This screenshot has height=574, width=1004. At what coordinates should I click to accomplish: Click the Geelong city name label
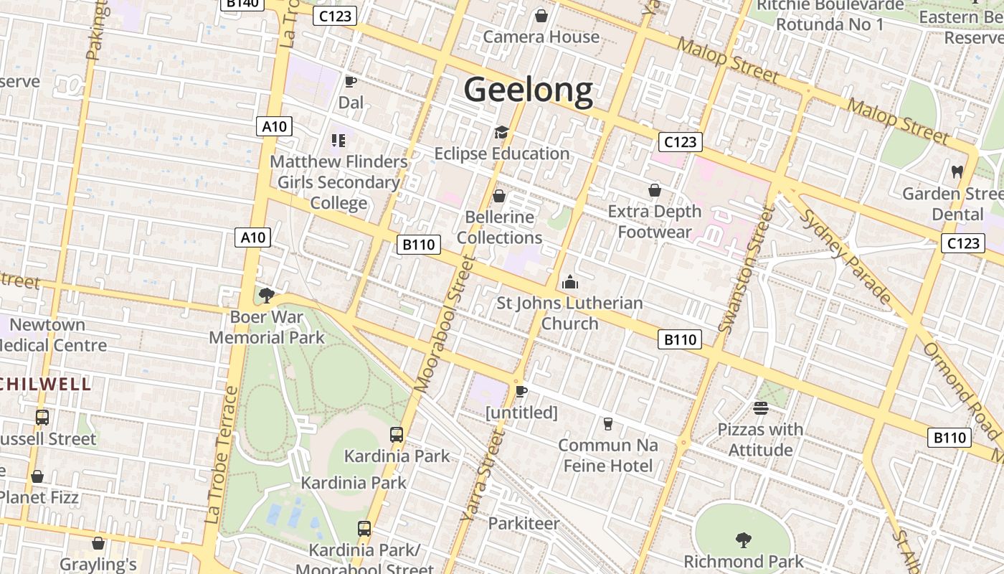(529, 90)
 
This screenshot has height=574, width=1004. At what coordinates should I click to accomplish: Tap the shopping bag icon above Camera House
(541, 15)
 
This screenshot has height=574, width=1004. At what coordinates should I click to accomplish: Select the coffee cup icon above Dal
(351, 82)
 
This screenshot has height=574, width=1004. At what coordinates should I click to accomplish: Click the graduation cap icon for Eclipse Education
(501, 133)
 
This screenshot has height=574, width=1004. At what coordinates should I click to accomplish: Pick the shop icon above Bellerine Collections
(499, 196)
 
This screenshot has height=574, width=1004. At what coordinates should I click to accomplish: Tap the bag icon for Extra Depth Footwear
(654, 190)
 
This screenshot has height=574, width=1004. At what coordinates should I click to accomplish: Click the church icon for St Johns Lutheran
(570, 282)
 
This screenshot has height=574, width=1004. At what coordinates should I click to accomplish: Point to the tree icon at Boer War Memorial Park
(266, 295)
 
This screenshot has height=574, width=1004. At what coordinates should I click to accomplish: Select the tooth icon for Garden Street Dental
(957, 172)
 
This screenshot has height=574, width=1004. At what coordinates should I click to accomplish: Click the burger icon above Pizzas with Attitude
(760, 408)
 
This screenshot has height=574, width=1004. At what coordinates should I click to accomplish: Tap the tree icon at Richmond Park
(743, 540)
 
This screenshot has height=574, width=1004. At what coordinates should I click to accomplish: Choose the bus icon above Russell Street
(42, 418)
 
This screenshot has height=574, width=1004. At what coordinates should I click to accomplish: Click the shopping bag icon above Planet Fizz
(37, 476)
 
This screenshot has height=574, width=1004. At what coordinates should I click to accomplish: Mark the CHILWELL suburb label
(46, 384)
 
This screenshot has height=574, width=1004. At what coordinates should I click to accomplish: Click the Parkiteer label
(524, 524)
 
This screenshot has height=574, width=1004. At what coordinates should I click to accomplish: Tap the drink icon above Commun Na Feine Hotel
(608, 424)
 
